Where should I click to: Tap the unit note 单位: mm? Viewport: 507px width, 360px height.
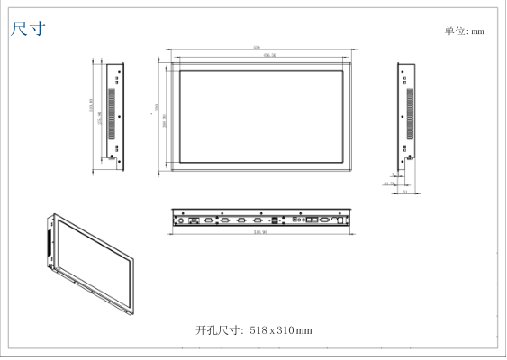pos(464,31)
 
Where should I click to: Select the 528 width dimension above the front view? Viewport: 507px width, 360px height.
pos(257,48)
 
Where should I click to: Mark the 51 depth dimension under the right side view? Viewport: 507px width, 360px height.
pos(405,192)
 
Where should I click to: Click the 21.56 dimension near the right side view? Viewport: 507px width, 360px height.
pos(390,184)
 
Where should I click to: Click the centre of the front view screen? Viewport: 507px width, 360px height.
pos(261,115)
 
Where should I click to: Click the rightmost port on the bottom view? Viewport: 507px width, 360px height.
pos(335,218)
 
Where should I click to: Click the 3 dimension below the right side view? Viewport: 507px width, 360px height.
pos(394,174)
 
